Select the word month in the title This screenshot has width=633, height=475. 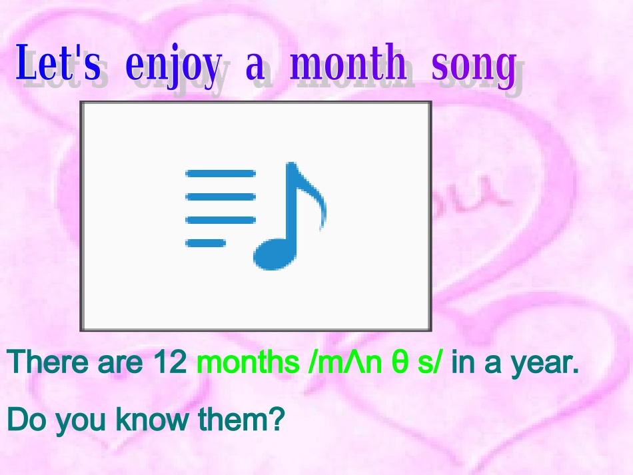348,65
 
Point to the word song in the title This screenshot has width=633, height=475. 473,67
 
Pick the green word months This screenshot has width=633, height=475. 249,362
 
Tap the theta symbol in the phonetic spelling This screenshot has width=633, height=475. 400,363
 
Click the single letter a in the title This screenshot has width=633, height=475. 255,67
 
